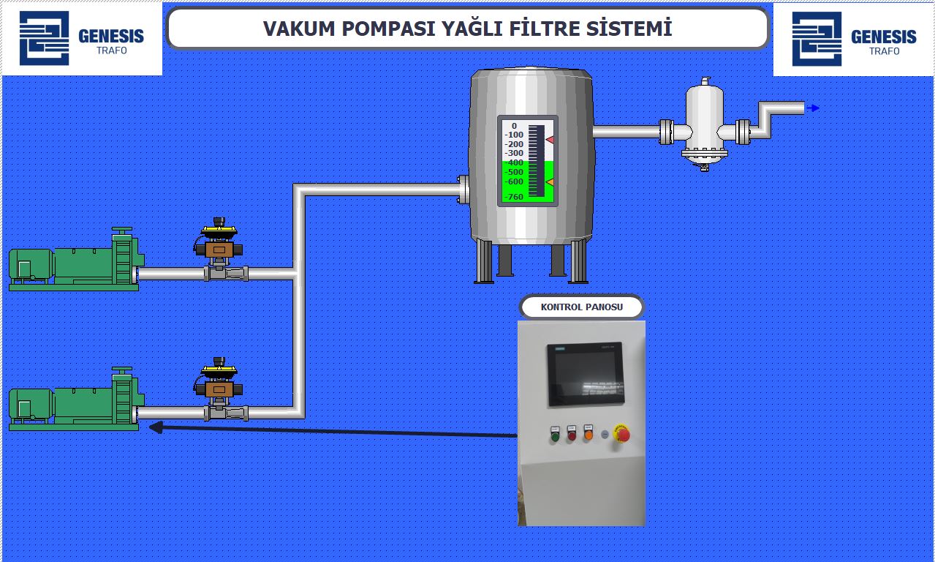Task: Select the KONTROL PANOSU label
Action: pyautogui.click(x=582, y=307)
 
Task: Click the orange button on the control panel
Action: pyautogui.click(x=588, y=435)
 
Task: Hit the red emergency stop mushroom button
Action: pyautogui.click(x=622, y=435)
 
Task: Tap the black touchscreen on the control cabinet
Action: pyautogui.click(x=586, y=374)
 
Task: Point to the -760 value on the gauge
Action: pyautogui.click(x=515, y=197)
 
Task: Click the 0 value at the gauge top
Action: pyautogui.click(x=514, y=126)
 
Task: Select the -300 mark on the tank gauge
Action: pyautogui.click(x=515, y=153)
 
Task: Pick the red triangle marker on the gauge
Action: pyautogui.click(x=550, y=140)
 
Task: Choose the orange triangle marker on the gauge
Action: pyautogui.click(x=550, y=181)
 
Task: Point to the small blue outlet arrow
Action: pyautogui.click(x=813, y=108)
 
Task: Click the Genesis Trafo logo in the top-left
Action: pyautogui.click(x=81, y=38)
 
